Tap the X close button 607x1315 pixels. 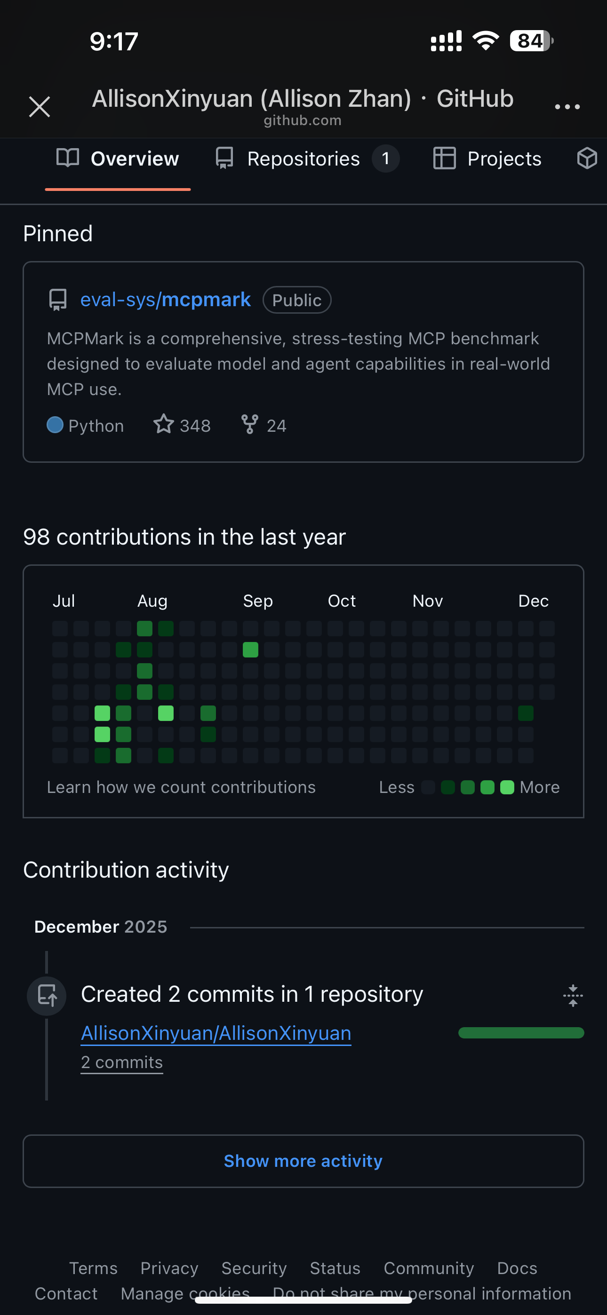[40, 107]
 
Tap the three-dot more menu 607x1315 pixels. [567, 107]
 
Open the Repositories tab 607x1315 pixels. [303, 159]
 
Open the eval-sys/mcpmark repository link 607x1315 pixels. [165, 300]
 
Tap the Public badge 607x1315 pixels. [297, 300]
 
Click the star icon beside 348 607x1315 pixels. [163, 424]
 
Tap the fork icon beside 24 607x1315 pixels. [249, 424]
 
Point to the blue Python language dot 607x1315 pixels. [55, 425]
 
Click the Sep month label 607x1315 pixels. [257, 601]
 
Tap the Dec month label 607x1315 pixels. [533, 601]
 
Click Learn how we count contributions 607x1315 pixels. [181, 787]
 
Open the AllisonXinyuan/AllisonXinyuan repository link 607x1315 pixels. [216, 1033]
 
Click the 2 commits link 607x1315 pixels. [121, 1062]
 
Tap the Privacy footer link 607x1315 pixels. [169, 1268]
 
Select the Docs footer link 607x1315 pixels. [517, 1268]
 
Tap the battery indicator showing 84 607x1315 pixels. [531, 41]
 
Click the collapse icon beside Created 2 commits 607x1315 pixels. [573, 996]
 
